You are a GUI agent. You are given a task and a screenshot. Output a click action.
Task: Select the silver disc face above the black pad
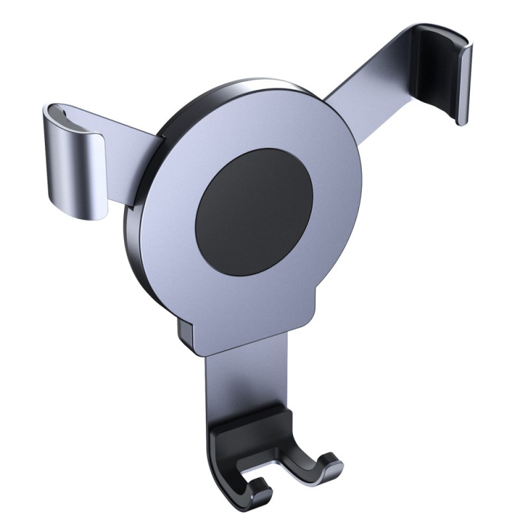pyautogui.click(x=264, y=125)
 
